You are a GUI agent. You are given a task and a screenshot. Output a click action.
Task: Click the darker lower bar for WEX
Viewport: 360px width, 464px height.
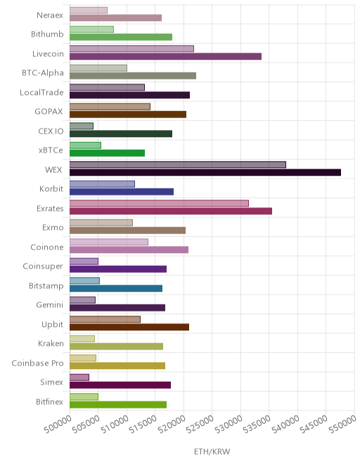(x=205, y=172)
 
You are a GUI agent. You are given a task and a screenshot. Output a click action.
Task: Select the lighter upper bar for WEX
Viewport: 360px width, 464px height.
(x=178, y=165)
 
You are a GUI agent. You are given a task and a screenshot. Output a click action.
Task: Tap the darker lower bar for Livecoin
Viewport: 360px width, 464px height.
(x=165, y=56)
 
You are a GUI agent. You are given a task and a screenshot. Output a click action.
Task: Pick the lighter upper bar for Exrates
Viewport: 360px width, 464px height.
(x=159, y=203)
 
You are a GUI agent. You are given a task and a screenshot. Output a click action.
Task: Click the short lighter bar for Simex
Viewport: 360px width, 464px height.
(x=79, y=378)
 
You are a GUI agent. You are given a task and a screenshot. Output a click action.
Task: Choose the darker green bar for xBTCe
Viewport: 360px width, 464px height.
(x=107, y=153)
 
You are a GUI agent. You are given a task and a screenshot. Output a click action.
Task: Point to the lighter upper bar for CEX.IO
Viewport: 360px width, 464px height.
(x=82, y=126)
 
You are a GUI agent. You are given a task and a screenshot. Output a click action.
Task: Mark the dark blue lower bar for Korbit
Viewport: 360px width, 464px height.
(x=122, y=192)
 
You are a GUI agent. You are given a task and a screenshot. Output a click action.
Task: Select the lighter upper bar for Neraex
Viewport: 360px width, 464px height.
(x=89, y=10)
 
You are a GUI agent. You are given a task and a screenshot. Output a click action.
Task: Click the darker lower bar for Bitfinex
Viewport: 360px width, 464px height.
(x=118, y=404)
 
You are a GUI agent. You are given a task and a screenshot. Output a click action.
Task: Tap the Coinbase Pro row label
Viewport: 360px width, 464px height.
(x=37, y=363)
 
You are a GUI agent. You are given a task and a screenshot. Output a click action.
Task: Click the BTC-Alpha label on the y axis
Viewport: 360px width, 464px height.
(x=43, y=73)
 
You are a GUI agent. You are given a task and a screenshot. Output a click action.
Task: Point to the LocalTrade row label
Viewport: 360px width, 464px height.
(x=41, y=92)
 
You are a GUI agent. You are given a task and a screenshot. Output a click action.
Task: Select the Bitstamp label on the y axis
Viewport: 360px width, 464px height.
(x=46, y=286)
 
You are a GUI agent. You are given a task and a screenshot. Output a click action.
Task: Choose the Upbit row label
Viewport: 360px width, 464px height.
(x=53, y=324)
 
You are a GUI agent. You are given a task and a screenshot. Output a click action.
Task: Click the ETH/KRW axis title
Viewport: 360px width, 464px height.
(x=212, y=451)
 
